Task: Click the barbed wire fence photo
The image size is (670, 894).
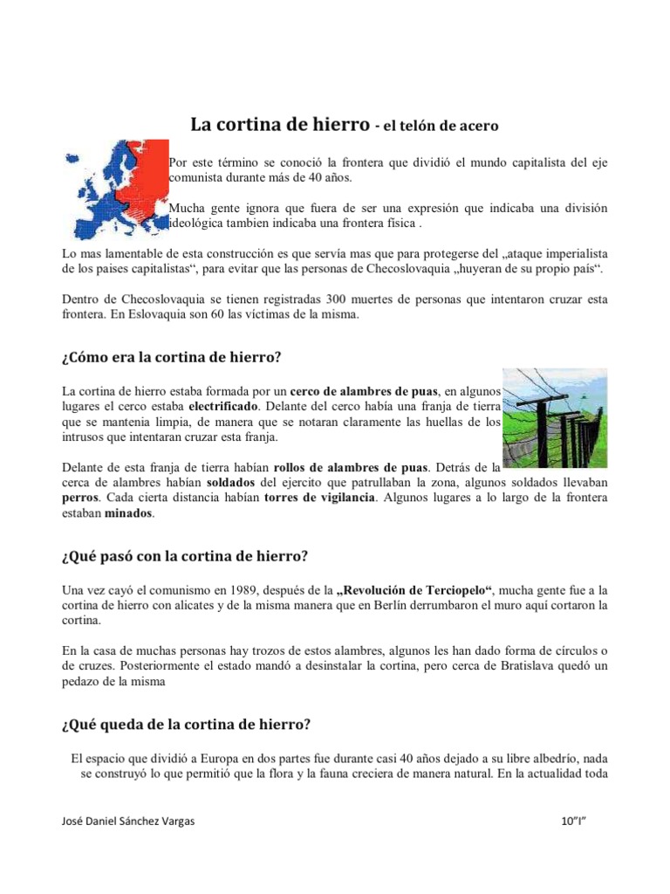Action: [556, 416]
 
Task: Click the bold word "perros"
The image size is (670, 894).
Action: [80, 498]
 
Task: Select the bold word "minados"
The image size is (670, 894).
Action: [129, 513]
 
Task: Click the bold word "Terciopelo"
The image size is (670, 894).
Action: [451, 590]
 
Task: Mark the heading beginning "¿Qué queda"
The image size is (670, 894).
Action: [187, 724]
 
